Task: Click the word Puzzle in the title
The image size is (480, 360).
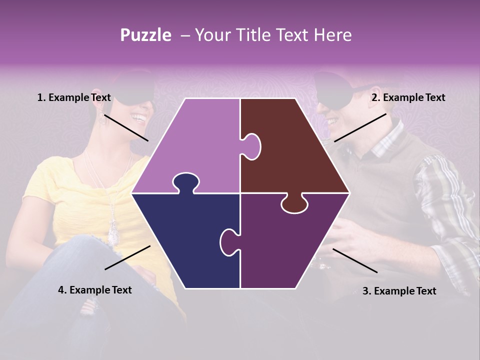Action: point(145,35)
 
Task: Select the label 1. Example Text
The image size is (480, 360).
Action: point(74,98)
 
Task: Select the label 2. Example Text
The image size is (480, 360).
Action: point(408,98)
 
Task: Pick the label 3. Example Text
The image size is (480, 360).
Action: point(399,291)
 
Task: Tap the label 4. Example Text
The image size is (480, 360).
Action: point(95,290)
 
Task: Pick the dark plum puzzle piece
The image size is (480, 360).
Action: point(290,245)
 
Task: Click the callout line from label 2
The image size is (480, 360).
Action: point(360,127)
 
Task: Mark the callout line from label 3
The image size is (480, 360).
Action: point(355,260)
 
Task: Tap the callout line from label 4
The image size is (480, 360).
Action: point(127,257)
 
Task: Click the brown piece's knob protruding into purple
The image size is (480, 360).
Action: point(251,146)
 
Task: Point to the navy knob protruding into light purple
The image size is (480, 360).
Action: point(185,182)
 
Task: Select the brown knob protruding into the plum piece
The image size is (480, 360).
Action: point(294,204)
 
